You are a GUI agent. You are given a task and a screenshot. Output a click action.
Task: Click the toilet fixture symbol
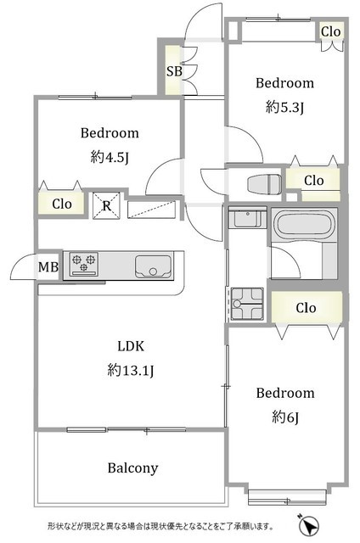264,183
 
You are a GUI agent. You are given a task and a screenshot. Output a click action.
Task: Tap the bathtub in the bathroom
304,225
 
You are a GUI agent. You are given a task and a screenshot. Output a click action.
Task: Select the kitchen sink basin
153,266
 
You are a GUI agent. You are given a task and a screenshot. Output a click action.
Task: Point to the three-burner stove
83,264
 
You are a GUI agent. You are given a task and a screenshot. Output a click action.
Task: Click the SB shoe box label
174,71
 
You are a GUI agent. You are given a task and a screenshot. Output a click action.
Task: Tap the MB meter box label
48,267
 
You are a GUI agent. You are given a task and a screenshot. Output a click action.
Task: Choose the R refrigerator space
106,206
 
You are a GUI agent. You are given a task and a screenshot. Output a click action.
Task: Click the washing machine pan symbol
247,304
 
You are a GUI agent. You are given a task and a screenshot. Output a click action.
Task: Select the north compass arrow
308,526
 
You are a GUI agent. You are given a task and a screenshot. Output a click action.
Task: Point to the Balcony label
132,468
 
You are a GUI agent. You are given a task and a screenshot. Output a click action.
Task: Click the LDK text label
131,346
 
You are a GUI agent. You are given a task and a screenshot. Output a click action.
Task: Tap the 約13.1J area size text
131,370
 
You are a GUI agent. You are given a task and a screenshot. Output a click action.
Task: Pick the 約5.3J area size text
284,107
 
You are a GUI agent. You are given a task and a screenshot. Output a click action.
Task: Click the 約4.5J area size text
110,157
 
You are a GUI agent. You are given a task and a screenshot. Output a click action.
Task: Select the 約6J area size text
285,417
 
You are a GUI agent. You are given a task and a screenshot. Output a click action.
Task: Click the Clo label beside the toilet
314,181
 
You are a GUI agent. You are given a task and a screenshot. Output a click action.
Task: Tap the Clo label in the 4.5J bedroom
62,204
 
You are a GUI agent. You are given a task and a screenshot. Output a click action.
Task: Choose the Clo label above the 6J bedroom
306,307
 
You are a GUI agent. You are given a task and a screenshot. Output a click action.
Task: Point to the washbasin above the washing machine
247,217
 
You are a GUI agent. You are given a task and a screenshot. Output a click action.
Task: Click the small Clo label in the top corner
331,32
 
